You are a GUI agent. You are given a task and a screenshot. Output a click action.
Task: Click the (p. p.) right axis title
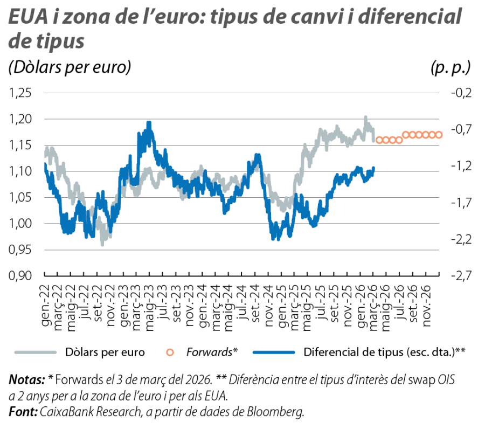click(451, 68)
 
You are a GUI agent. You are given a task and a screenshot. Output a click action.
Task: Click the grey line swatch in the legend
click(36, 352)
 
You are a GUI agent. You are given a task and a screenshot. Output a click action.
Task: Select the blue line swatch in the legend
click(275, 352)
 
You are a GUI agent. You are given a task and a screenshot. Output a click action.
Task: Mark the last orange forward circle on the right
click(439, 135)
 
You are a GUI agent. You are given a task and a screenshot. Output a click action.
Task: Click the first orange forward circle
click(379, 140)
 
